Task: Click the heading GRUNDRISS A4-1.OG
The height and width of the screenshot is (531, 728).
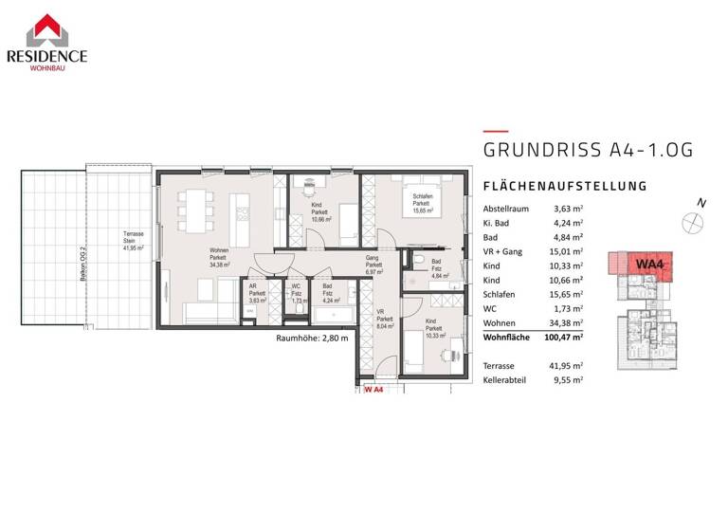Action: point(589,150)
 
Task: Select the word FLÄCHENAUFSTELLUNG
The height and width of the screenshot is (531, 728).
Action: point(565,186)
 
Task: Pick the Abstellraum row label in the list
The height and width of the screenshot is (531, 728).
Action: point(508,209)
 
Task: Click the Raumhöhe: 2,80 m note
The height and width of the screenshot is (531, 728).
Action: point(312,338)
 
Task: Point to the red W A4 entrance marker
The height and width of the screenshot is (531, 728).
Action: point(373,389)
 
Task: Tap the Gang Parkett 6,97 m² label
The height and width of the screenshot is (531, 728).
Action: point(374,265)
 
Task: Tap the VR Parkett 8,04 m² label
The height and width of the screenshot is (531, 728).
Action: point(385,320)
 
